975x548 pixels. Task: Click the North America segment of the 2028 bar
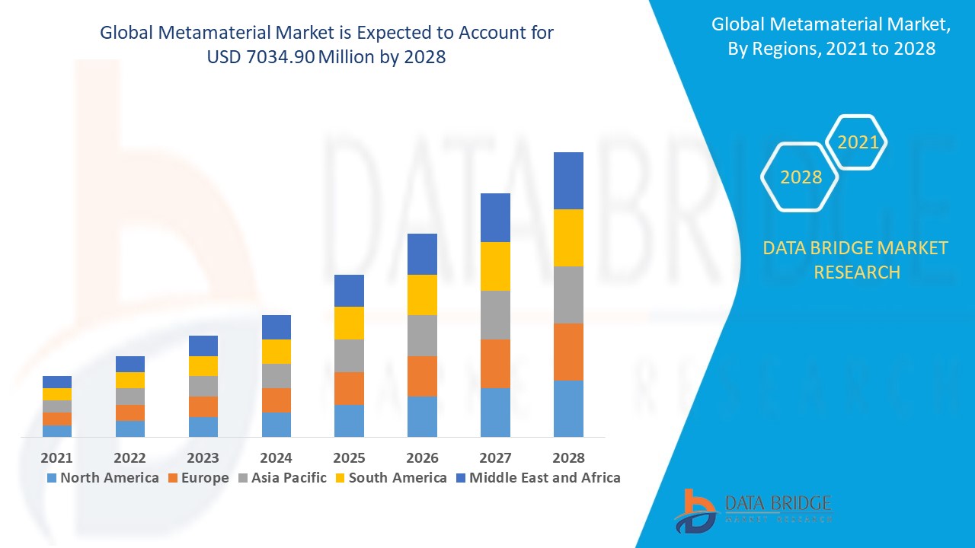tap(568, 408)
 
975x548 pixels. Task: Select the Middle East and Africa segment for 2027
tap(495, 218)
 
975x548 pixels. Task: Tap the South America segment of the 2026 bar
tap(422, 295)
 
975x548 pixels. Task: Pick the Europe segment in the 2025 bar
tap(349, 388)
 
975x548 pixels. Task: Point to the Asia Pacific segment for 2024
tap(276, 376)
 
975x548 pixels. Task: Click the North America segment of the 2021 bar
tap(57, 431)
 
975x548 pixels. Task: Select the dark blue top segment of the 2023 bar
tap(203, 346)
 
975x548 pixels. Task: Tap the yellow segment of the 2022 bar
tap(129, 380)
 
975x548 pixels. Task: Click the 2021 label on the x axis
tap(57, 457)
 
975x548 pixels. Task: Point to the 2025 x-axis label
tap(349, 457)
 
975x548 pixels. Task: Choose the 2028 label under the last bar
tap(568, 457)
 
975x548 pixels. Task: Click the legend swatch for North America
tap(52, 478)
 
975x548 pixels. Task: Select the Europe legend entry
tap(204, 478)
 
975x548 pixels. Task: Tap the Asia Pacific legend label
tap(289, 478)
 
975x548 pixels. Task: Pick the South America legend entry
tap(397, 478)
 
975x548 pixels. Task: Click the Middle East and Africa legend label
tap(545, 478)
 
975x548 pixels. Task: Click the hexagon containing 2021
tap(858, 142)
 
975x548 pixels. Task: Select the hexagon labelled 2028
tap(801, 177)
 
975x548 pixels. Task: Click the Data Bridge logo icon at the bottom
tap(694, 511)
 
